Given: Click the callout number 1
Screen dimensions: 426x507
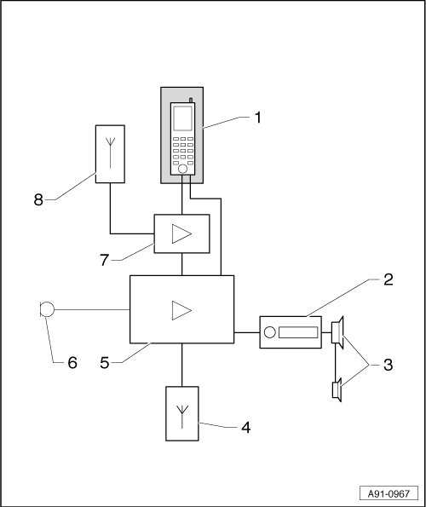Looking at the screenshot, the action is pos(257,118).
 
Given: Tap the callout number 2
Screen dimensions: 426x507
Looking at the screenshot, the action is pos(389,279).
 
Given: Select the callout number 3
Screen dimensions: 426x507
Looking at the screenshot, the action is pos(388,365).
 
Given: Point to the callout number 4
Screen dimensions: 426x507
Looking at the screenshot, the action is pos(246,428).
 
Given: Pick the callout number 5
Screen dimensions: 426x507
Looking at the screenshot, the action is pos(105,363).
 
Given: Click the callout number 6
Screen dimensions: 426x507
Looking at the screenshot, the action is pos(72,363).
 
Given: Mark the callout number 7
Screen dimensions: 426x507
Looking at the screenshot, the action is pos(105,260).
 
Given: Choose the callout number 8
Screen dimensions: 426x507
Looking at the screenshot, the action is pos(38,200).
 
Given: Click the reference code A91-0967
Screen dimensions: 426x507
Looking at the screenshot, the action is pos(389,493).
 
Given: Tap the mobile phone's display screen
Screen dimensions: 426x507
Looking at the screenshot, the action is pos(182,118).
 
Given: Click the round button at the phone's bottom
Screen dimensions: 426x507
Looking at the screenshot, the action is pos(182,169).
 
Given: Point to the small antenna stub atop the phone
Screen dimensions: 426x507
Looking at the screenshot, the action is pos(191,101).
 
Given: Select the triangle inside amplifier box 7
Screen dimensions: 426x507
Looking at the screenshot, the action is pos(181,233).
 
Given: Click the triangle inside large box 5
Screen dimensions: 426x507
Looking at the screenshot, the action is pos(181,310).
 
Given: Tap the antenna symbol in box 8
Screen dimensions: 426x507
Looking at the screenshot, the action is pos(110,153).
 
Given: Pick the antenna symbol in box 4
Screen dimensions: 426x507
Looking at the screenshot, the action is pos(182,417).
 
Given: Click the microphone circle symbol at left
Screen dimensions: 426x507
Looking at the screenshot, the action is pos(47,309).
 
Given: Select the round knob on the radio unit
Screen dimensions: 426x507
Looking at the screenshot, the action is pos(269,332).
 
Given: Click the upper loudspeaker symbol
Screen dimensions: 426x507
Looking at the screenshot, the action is pos(337,332).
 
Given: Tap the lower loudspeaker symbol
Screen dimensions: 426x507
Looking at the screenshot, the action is pos(337,390).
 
